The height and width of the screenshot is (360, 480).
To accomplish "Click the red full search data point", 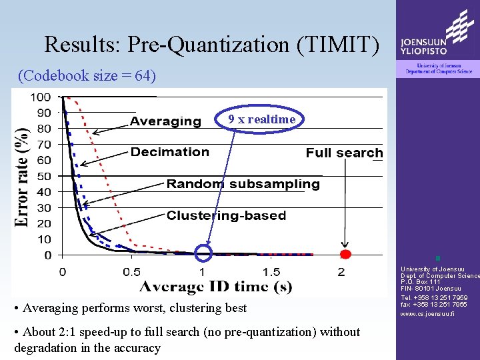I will click(x=345, y=255).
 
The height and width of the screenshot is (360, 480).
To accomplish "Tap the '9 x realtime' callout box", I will click(x=261, y=119).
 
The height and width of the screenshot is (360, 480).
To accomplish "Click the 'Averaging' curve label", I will click(x=165, y=121).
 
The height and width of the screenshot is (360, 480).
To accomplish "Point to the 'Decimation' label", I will click(x=170, y=152).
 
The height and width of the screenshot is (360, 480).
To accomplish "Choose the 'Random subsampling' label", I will click(x=243, y=183).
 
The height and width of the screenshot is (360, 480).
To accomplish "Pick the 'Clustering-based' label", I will click(x=226, y=215).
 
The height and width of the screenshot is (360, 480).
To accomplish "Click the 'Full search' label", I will click(x=344, y=153).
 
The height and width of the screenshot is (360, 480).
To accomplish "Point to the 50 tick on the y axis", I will click(x=44, y=177).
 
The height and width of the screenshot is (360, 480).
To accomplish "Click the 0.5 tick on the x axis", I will click(x=132, y=272).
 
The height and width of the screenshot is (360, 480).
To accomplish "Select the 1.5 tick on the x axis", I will click(x=272, y=272).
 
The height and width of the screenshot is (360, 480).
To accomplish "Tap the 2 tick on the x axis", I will click(x=341, y=272).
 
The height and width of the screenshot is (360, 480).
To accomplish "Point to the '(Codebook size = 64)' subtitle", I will click(x=87, y=75).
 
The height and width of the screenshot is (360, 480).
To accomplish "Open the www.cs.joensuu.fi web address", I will click(x=427, y=313).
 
